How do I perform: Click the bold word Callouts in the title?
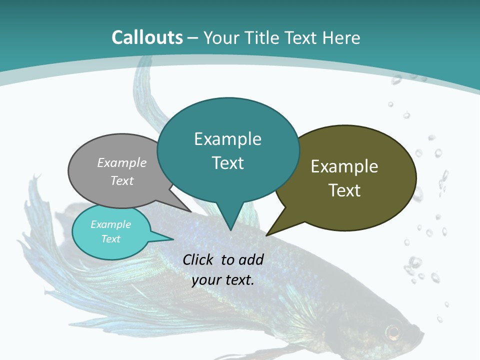(147, 37)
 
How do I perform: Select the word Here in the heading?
(341, 37)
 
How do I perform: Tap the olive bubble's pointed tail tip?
(266, 235)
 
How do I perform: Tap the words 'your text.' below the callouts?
(223, 280)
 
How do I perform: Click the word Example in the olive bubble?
(344, 166)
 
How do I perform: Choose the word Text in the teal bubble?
(228, 163)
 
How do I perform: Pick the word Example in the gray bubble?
(122, 162)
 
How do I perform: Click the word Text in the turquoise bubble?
(111, 239)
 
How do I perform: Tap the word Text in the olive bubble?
(344, 190)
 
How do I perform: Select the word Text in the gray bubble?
(122, 180)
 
